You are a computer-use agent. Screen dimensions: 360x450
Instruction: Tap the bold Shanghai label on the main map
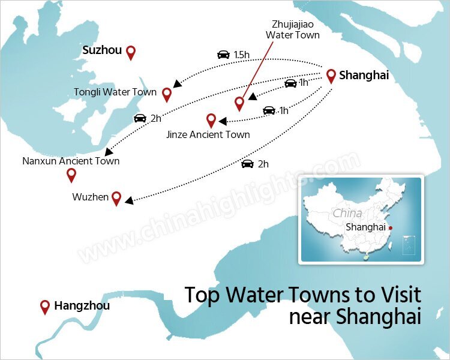coord(364,76)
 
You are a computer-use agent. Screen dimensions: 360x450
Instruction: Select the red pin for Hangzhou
coord(44,307)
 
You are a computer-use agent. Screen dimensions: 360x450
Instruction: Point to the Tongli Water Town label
coord(115,92)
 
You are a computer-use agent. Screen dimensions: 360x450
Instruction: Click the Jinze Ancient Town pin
coord(211,120)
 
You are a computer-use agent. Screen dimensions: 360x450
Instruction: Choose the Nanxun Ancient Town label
coord(71,161)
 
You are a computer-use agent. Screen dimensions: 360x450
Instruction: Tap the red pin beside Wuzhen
coord(116,198)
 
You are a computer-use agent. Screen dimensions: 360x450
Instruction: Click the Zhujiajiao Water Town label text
coord(292,30)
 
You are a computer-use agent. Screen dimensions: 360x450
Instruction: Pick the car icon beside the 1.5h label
coord(223,55)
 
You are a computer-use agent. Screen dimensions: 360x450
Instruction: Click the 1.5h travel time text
coord(242,55)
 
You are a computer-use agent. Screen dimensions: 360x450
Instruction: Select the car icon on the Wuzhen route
coord(247,163)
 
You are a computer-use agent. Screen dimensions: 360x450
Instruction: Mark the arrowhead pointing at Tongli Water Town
coord(176,83)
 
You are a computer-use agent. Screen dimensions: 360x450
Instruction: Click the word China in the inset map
coord(347,213)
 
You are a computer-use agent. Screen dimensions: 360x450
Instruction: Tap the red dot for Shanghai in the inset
coord(390,227)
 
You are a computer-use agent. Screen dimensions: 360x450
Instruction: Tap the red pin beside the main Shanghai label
coord(331,76)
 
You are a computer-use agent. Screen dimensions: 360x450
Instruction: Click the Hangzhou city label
coord(82,305)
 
